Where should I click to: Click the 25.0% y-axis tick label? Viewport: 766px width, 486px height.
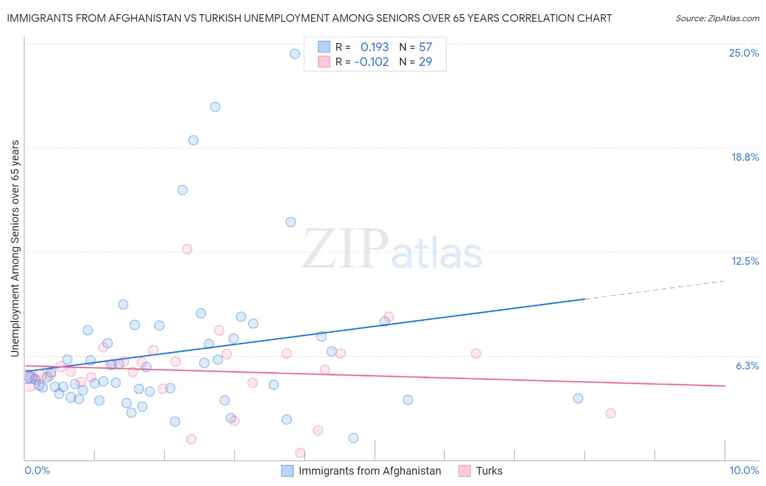point(744,53)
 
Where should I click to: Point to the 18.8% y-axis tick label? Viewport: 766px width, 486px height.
point(745,157)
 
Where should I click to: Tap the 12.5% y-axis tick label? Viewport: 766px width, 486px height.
point(745,261)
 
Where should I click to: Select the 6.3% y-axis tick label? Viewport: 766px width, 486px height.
point(747,366)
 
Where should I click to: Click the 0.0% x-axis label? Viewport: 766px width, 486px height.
point(37,470)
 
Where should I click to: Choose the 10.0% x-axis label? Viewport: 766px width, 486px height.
point(744,470)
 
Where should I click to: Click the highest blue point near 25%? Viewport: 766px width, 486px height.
point(295,53)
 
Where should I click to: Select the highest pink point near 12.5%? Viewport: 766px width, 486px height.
point(187,249)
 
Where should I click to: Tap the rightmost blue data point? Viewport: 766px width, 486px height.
point(578,398)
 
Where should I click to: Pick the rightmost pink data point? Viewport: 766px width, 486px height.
point(611,414)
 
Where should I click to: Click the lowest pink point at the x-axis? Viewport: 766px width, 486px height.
point(300,453)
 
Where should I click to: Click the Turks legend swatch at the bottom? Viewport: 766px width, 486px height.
point(464,471)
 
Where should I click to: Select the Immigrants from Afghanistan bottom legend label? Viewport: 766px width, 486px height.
point(369,471)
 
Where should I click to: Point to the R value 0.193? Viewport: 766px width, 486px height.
point(374,47)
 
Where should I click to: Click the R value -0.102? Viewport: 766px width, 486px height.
point(372,62)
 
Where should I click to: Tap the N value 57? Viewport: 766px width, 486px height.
point(425,47)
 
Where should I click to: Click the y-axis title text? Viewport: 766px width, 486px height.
point(15,248)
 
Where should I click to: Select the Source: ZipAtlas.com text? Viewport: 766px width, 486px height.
point(717,18)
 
